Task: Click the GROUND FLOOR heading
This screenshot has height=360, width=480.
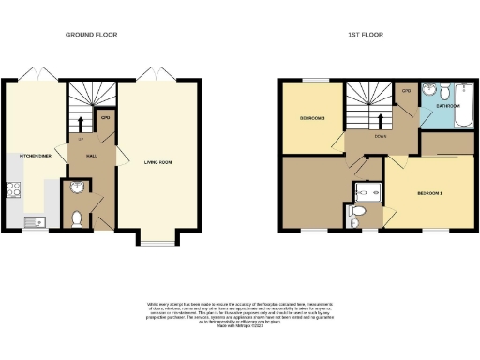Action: pyautogui.click(x=91, y=35)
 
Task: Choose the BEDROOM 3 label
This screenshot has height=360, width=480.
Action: pyautogui.click(x=312, y=119)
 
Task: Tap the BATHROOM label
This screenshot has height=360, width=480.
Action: pyautogui.click(x=448, y=107)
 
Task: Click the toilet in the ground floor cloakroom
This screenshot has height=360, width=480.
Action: pyautogui.click(x=77, y=219)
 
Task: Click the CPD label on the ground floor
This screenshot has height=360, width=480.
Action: pyautogui.click(x=106, y=118)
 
